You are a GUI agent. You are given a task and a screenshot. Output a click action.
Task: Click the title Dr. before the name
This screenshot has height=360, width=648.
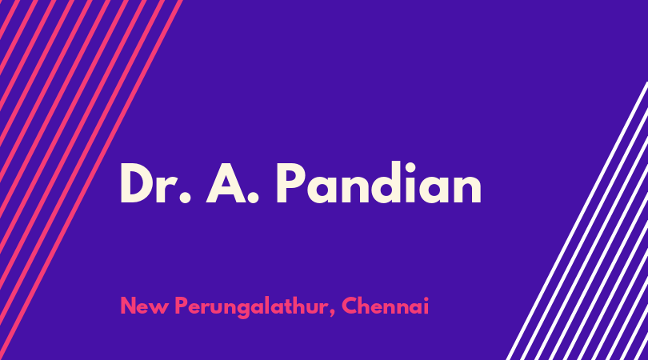pos(156,183)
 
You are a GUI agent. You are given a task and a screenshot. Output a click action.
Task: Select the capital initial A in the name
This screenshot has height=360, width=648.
pos(226,183)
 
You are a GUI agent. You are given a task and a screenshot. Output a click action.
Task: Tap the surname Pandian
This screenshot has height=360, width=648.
pos(379,182)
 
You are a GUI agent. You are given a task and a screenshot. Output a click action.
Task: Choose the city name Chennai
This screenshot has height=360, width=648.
pos(385,306)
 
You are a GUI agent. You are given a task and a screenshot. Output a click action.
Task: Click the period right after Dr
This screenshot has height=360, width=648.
pos(186,198)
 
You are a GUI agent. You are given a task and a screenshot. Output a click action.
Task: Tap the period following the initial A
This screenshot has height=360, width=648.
pos(253,198)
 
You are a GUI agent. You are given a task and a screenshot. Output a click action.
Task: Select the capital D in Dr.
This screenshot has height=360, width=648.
pos(138,183)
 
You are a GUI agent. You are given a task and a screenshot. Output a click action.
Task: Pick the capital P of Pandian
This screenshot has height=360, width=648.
pos(290,183)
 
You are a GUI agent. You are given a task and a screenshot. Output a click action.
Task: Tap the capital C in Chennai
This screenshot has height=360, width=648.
pos(350,306)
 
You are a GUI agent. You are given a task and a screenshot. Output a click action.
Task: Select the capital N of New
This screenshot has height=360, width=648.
pos(129,306)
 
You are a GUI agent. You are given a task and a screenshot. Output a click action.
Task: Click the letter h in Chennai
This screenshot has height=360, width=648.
pos(367,306)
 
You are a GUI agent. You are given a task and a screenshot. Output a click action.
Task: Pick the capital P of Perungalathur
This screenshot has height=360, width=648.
pos(182,306)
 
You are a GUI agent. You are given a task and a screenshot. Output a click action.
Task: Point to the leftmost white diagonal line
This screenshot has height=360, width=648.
pos(578,221)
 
